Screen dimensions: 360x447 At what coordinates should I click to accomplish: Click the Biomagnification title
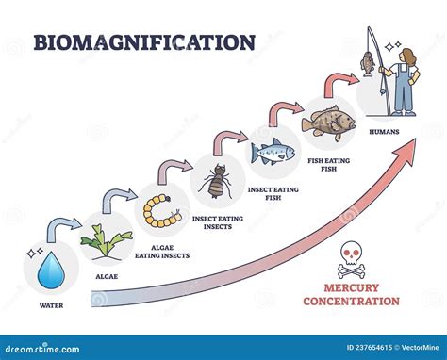tap(144, 43)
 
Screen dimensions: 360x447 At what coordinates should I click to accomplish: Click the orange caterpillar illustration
tap(161, 210)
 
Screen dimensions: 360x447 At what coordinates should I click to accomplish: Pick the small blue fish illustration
tap(273, 150)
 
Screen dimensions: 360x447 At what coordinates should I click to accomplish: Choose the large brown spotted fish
tap(327, 123)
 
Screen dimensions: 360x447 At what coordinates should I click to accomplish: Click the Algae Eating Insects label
tap(161, 251)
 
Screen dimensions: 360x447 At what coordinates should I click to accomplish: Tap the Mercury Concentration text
tap(350, 295)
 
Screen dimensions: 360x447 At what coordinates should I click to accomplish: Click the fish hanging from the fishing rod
tap(367, 64)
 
